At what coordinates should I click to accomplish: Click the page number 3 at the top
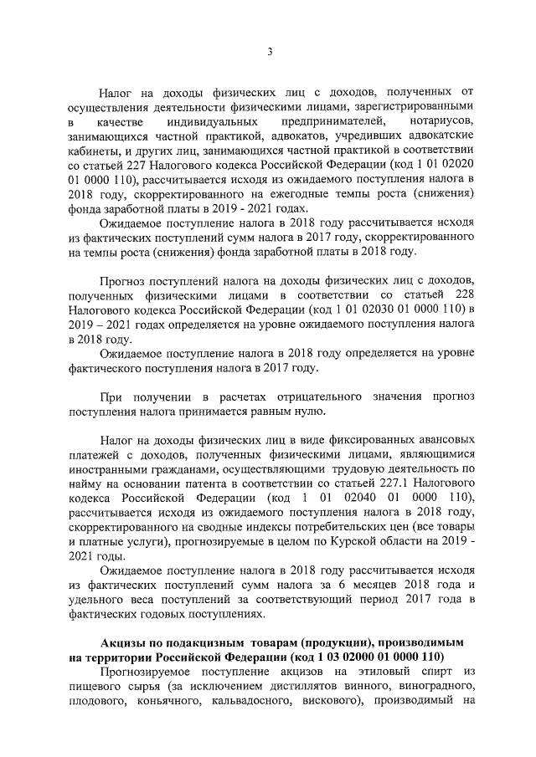270,52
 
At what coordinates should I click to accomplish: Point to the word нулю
315,410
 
